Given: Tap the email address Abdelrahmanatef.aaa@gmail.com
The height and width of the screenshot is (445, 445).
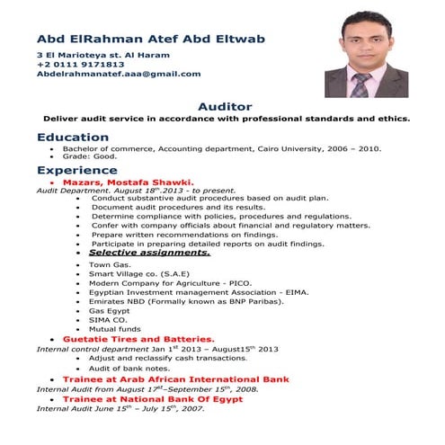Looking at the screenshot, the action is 119,75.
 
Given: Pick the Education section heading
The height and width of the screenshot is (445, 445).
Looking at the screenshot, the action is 74,137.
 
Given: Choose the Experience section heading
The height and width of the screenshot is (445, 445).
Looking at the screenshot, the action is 77,170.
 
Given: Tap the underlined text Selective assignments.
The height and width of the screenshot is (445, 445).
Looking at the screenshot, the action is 149,254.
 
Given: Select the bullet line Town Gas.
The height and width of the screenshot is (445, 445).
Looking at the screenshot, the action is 111,265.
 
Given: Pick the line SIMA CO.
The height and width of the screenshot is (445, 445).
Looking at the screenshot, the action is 107,319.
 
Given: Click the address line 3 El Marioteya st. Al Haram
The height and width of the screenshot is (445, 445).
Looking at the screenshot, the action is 103,55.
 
